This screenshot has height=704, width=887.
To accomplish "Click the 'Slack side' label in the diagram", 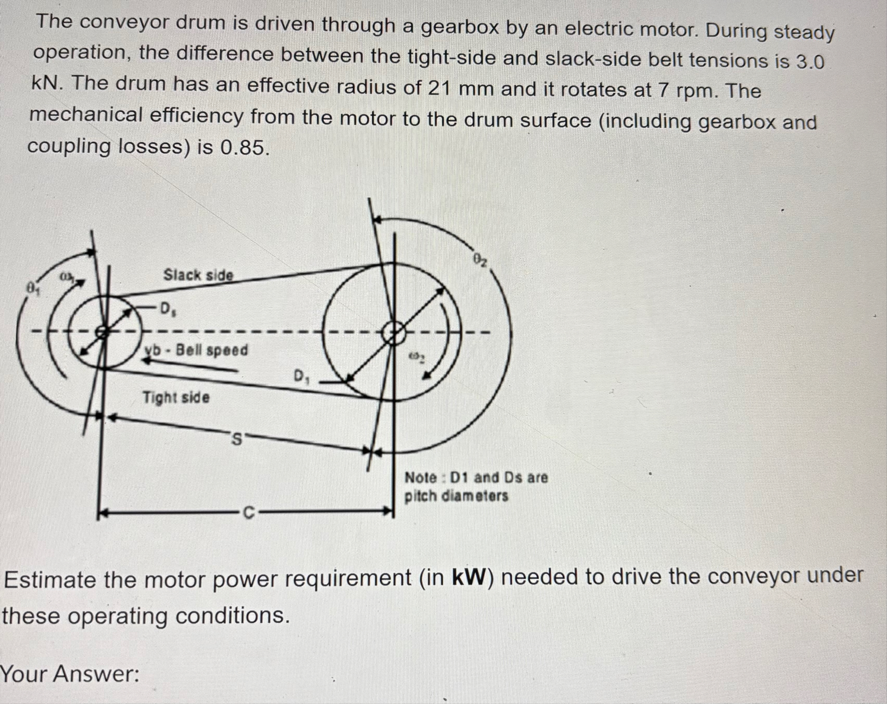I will tap(198, 275).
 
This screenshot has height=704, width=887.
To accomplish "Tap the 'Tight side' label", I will tap(176, 397).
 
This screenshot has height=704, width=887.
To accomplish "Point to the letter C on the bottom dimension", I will tap(248, 513).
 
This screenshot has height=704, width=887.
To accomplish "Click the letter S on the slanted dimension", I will tap(237, 439).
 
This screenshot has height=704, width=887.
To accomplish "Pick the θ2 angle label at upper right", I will tap(480, 260).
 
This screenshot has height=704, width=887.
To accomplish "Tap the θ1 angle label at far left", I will tap(33, 288).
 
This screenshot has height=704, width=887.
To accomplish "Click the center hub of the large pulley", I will tap(394, 333).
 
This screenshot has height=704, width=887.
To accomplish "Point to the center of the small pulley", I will tap(102, 332).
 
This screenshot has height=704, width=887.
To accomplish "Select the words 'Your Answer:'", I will tap(70, 674).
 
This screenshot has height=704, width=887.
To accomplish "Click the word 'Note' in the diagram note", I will tap(421, 477).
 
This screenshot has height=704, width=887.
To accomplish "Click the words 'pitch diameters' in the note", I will tap(456, 496).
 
